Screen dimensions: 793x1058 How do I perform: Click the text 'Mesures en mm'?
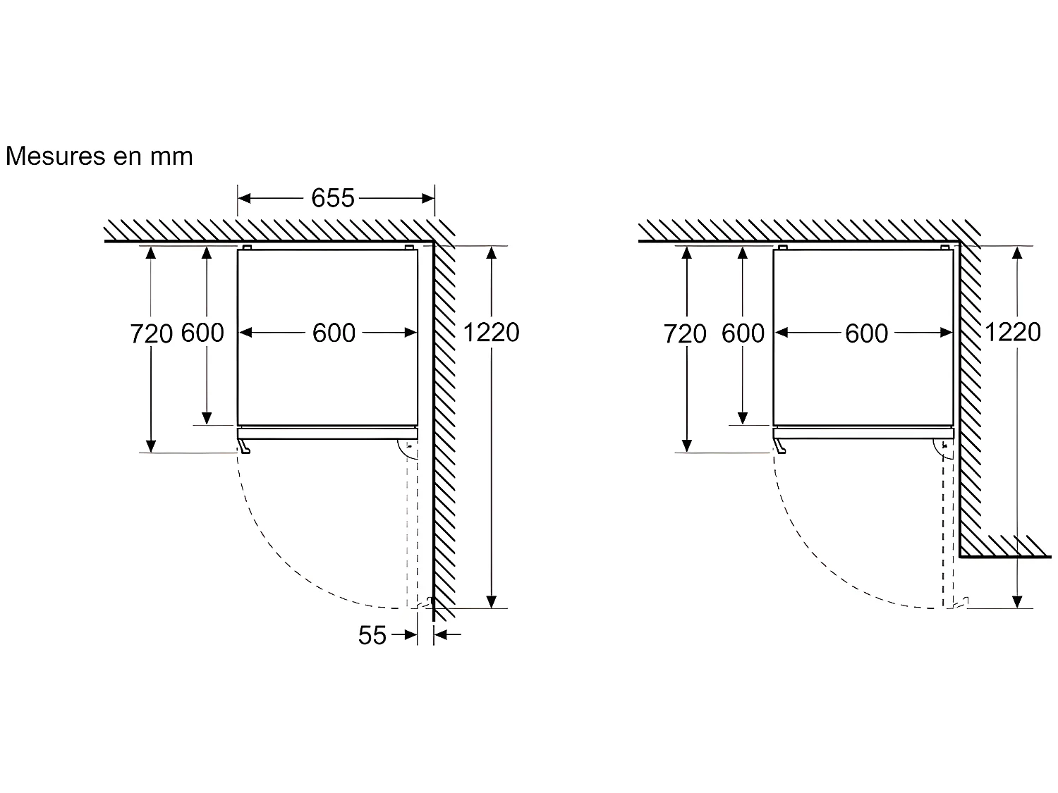(99, 156)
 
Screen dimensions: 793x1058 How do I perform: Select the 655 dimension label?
(333, 199)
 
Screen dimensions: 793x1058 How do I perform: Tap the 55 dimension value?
(372, 635)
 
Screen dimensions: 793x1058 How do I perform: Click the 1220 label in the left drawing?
(491, 332)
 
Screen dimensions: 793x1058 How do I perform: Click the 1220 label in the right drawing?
(1012, 332)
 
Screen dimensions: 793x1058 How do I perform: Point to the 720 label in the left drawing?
(151, 333)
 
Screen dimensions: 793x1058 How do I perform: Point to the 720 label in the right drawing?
(684, 333)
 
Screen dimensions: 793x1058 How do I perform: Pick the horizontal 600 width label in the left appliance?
(334, 333)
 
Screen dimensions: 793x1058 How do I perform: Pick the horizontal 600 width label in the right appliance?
(866, 333)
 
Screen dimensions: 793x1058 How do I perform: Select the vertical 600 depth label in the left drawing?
(202, 333)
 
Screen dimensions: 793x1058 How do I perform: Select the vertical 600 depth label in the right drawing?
(743, 333)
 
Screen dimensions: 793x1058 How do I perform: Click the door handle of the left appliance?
(244, 447)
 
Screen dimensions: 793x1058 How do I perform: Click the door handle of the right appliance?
(779, 447)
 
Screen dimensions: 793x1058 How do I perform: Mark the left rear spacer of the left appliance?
(247, 247)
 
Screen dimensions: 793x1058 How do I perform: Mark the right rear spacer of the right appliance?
(944, 247)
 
